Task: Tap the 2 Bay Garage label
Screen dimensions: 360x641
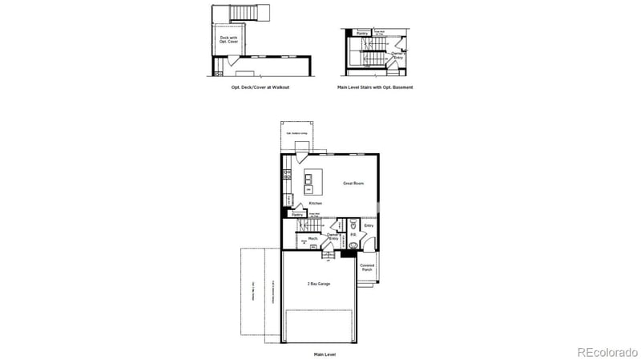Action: [319, 284]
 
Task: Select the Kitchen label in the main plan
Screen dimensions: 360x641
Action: [315, 204]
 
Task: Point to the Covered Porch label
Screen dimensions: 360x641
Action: [366, 267]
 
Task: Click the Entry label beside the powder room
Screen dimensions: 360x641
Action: [369, 225]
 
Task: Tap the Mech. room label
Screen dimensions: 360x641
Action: [313, 238]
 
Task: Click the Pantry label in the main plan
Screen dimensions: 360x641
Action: [297, 215]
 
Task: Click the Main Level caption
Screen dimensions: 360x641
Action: [325, 352]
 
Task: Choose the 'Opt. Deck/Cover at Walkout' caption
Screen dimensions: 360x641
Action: [255, 86]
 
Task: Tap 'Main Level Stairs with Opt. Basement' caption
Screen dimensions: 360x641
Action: [375, 86]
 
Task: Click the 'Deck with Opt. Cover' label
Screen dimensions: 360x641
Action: [229, 38]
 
